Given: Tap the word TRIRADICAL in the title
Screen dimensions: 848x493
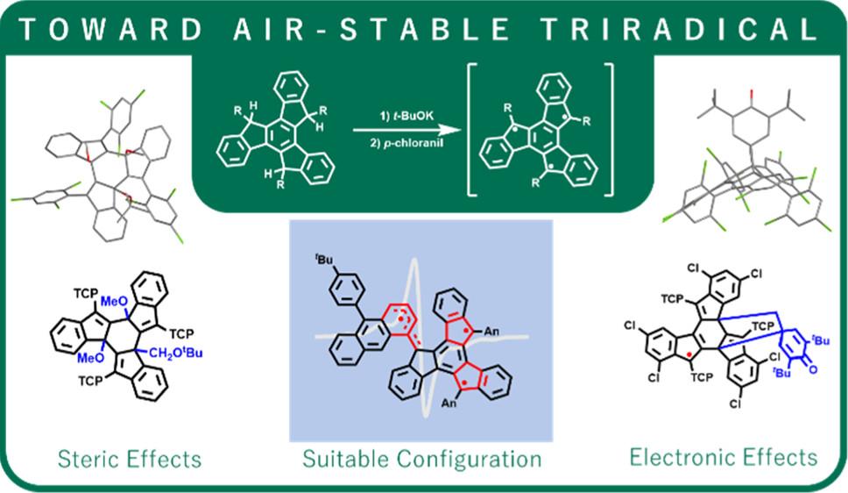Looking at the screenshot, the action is click(x=681, y=29).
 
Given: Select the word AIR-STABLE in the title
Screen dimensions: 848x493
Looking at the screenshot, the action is click(x=371, y=29).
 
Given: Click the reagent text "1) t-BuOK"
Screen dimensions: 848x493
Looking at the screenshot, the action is click(x=406, y=116).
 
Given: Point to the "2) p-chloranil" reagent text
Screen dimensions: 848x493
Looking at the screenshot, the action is click(x=406, y=144).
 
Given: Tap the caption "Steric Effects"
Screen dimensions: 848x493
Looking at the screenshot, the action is click(x=130, y=459).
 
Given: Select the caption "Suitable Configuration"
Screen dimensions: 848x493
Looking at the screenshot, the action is click(x=422, y=460).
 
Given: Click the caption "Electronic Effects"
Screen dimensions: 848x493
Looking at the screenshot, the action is click(x=724, y=457).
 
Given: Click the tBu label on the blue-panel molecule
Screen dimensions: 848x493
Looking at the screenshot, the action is click(x=324, y=260).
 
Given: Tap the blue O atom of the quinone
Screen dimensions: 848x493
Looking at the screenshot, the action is click(x=814, y=369).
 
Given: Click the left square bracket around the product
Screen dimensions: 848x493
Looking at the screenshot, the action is click(x=471, y=130).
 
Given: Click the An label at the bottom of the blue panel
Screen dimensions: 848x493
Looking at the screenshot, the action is click(x=449, y=403).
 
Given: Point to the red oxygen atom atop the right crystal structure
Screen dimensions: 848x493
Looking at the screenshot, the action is click(x=752, y=95).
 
